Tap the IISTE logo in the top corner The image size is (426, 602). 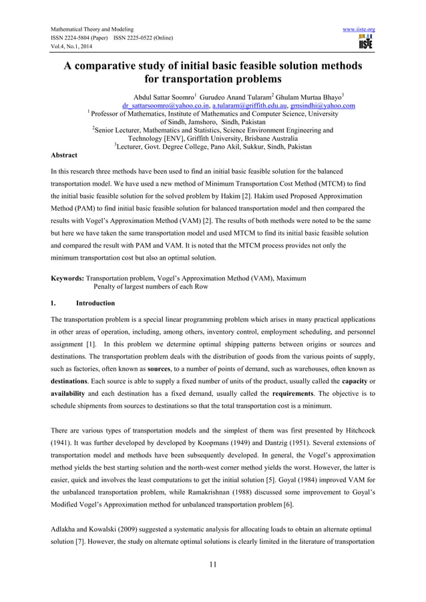coord(365,43)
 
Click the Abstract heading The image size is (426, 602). coord(65,154)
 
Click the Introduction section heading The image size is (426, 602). coord(95,303)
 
